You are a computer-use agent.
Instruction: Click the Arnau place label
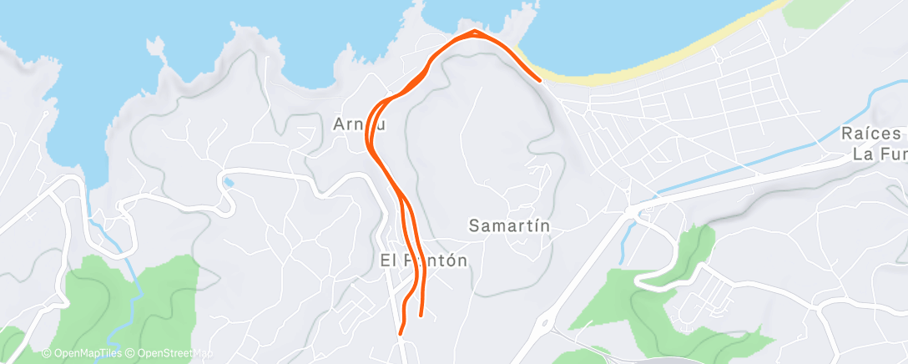click(360, 124)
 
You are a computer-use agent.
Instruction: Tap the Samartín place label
click(509, 225)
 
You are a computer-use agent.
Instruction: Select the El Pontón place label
click(423, 260)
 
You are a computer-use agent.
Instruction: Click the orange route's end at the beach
click(540, 80)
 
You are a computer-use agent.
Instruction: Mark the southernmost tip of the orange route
click(401, 333)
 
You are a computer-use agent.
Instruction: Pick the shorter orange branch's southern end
click(420, 316)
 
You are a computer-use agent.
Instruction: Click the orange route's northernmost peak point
click(474, 32)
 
